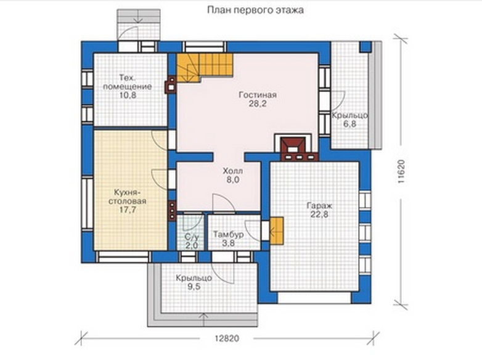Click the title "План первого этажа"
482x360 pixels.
[x=255, y=10]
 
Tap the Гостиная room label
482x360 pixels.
[x=258, y=95]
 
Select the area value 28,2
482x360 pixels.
[x=258, y=104]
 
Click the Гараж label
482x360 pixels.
[x=319, y=205]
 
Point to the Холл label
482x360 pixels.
[x=233, y=171]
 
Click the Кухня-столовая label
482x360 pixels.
[x=127, y=197]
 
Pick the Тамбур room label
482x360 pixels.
[x=229, y=234]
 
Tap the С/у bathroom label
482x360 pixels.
[x=192, y=237]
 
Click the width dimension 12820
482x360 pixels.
[x=227, y=338]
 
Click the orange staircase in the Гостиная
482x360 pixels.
[x=204, y=68]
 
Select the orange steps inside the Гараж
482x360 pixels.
[x=276, y=231]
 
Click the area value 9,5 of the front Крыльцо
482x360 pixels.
[x=194, y=287]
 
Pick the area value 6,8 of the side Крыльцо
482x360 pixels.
[x=350, y=124]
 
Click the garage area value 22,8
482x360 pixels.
[x=319, y=215]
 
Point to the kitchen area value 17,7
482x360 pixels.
[x=128, y=210]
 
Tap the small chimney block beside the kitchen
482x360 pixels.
[x=172, y=211]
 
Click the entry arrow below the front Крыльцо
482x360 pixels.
[x=203, y=320]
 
